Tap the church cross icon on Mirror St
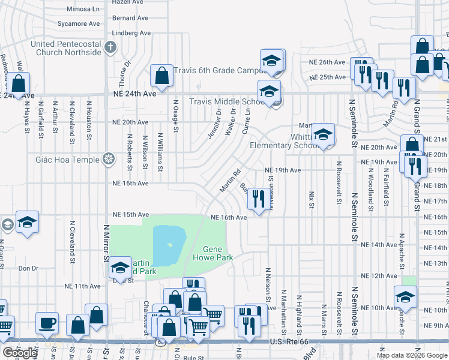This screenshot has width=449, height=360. (x=110, y=47)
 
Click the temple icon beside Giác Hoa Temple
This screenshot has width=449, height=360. (x=108, y=159)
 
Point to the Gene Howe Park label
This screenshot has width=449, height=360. (x=217, y=253)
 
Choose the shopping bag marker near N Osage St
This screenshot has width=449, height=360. (x=161, y=75)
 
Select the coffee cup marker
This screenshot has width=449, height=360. (x=47, y=323)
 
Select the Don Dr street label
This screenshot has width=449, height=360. (x=28, y=268)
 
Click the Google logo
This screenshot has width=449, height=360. (x=20, y=353)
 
